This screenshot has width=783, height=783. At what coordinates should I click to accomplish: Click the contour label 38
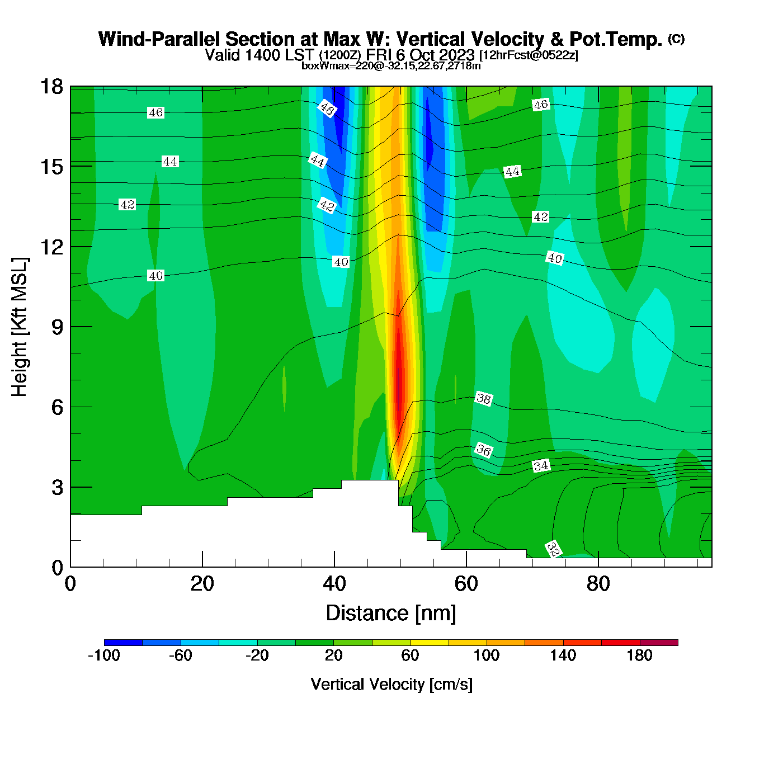click(483, 399)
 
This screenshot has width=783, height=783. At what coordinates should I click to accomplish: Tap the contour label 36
click(484, 450)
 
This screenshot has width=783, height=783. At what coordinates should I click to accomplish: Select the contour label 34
click(541, 466)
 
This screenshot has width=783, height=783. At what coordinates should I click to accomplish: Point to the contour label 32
click(553, 549)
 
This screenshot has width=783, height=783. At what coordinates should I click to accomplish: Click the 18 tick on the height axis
click(51, 87)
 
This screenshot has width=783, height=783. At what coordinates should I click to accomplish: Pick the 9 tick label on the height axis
click(57, 327)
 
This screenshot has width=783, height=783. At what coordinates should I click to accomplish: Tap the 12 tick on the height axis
click(51, 247)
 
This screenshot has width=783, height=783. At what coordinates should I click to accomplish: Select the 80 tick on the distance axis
click(598, 584)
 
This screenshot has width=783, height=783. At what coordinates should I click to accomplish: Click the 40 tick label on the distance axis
click(334, 584)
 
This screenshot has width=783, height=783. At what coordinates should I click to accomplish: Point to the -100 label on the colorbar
click(104, 655)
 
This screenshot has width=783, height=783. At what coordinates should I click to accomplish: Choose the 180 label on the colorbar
click(639, 655)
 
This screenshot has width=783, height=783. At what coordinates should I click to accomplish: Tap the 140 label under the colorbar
click(563, 655)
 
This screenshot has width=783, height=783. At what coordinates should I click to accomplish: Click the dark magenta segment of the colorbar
click(659, 643)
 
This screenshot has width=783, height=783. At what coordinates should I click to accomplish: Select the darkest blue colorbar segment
click(123, 643)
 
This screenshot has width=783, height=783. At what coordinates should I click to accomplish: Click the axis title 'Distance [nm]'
click(391, 614)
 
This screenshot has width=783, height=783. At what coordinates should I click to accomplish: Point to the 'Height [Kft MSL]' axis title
click(20, 327)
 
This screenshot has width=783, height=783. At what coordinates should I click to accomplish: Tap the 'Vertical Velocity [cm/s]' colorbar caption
click(391, 685)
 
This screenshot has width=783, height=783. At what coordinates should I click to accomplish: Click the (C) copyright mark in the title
click(676, 39)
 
